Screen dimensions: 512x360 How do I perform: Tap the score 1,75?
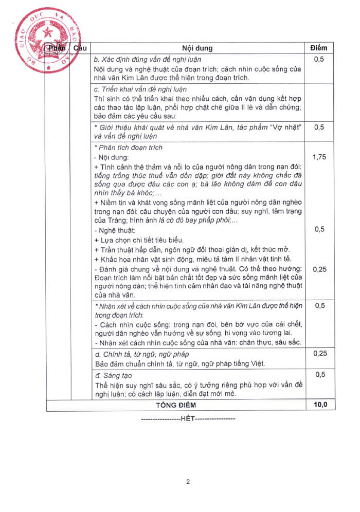pyautogui.click(x=319, y=157)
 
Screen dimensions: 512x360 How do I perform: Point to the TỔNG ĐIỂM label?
pyautogui.click(x=176, y=405)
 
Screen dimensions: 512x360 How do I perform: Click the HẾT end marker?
pyautogui.click(x=188, y=418)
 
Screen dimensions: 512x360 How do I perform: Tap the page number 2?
pyautogui.click(x=188, y=482)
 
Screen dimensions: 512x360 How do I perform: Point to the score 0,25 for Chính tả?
pyautogui.click(x=319, y=354)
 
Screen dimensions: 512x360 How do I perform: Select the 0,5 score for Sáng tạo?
pyautogui.click(x=319, y=375)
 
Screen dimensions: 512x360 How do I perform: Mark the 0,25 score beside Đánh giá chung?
pyautogui.click(x=319, y=269)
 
